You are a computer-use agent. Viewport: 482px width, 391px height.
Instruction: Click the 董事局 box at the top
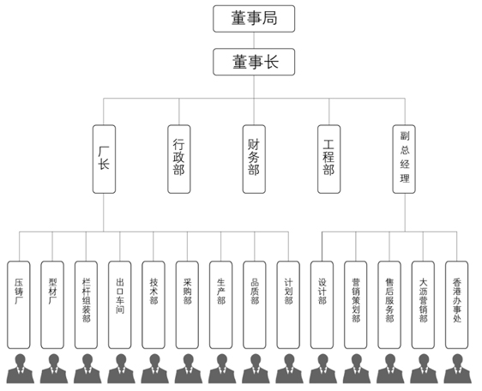[x=254, y=19]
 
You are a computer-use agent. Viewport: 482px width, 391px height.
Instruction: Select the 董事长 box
[x=254, y=62]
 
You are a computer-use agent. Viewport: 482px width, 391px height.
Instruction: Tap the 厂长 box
[x=105, y=159]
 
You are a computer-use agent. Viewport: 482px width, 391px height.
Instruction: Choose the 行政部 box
[x=179, y=159]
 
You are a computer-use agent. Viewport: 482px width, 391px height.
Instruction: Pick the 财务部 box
[x=254, y=159]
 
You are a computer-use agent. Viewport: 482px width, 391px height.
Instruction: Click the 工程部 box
[x=329, y=159]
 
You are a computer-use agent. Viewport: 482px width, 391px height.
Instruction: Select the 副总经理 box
[x=404, y=159]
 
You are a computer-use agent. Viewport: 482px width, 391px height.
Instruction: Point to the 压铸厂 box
[x=19, y=305]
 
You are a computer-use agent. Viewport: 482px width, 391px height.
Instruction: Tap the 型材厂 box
[x=52, y=305]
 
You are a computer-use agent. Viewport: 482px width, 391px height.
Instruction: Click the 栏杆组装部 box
[x=86, y=305]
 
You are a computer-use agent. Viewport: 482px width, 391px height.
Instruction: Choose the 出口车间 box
[x=119, y=305]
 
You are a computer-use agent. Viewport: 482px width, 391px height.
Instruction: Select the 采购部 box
[x=187, y=305]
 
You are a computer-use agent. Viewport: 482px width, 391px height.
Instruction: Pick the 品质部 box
[x=255, y=305]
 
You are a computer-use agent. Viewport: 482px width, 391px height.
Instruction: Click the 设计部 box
[x=322, y=305]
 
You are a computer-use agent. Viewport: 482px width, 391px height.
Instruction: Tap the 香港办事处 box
[x=457, y=305]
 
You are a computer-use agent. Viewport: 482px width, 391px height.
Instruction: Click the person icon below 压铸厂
[x=21, y=369]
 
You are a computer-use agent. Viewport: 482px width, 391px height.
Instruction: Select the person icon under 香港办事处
[x=457, y=369]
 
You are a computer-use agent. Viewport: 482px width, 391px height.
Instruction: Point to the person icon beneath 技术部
[x=154, y=369]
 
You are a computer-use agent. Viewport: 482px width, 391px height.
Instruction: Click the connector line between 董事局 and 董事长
[x=254, y=40]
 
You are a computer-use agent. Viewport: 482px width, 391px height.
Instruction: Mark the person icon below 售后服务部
[x=390, y=369]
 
